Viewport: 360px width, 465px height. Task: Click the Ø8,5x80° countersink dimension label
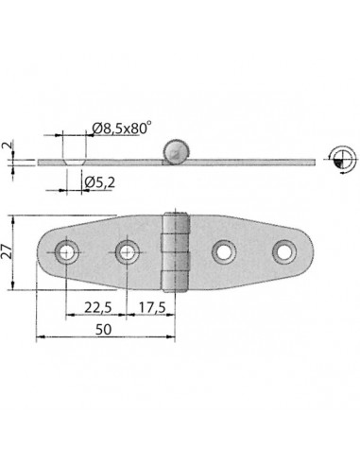click(119, 129)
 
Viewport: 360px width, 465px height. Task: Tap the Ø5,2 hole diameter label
click(99, 182)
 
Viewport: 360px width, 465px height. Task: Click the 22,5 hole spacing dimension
click(97, 307)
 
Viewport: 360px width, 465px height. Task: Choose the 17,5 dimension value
click(152, 307)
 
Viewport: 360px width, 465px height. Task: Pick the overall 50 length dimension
click(103, 330)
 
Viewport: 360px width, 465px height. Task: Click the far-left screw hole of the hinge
click(66, 251)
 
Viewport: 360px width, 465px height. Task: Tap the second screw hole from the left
click(127, 251)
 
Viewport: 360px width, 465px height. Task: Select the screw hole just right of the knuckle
click(224, 251)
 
